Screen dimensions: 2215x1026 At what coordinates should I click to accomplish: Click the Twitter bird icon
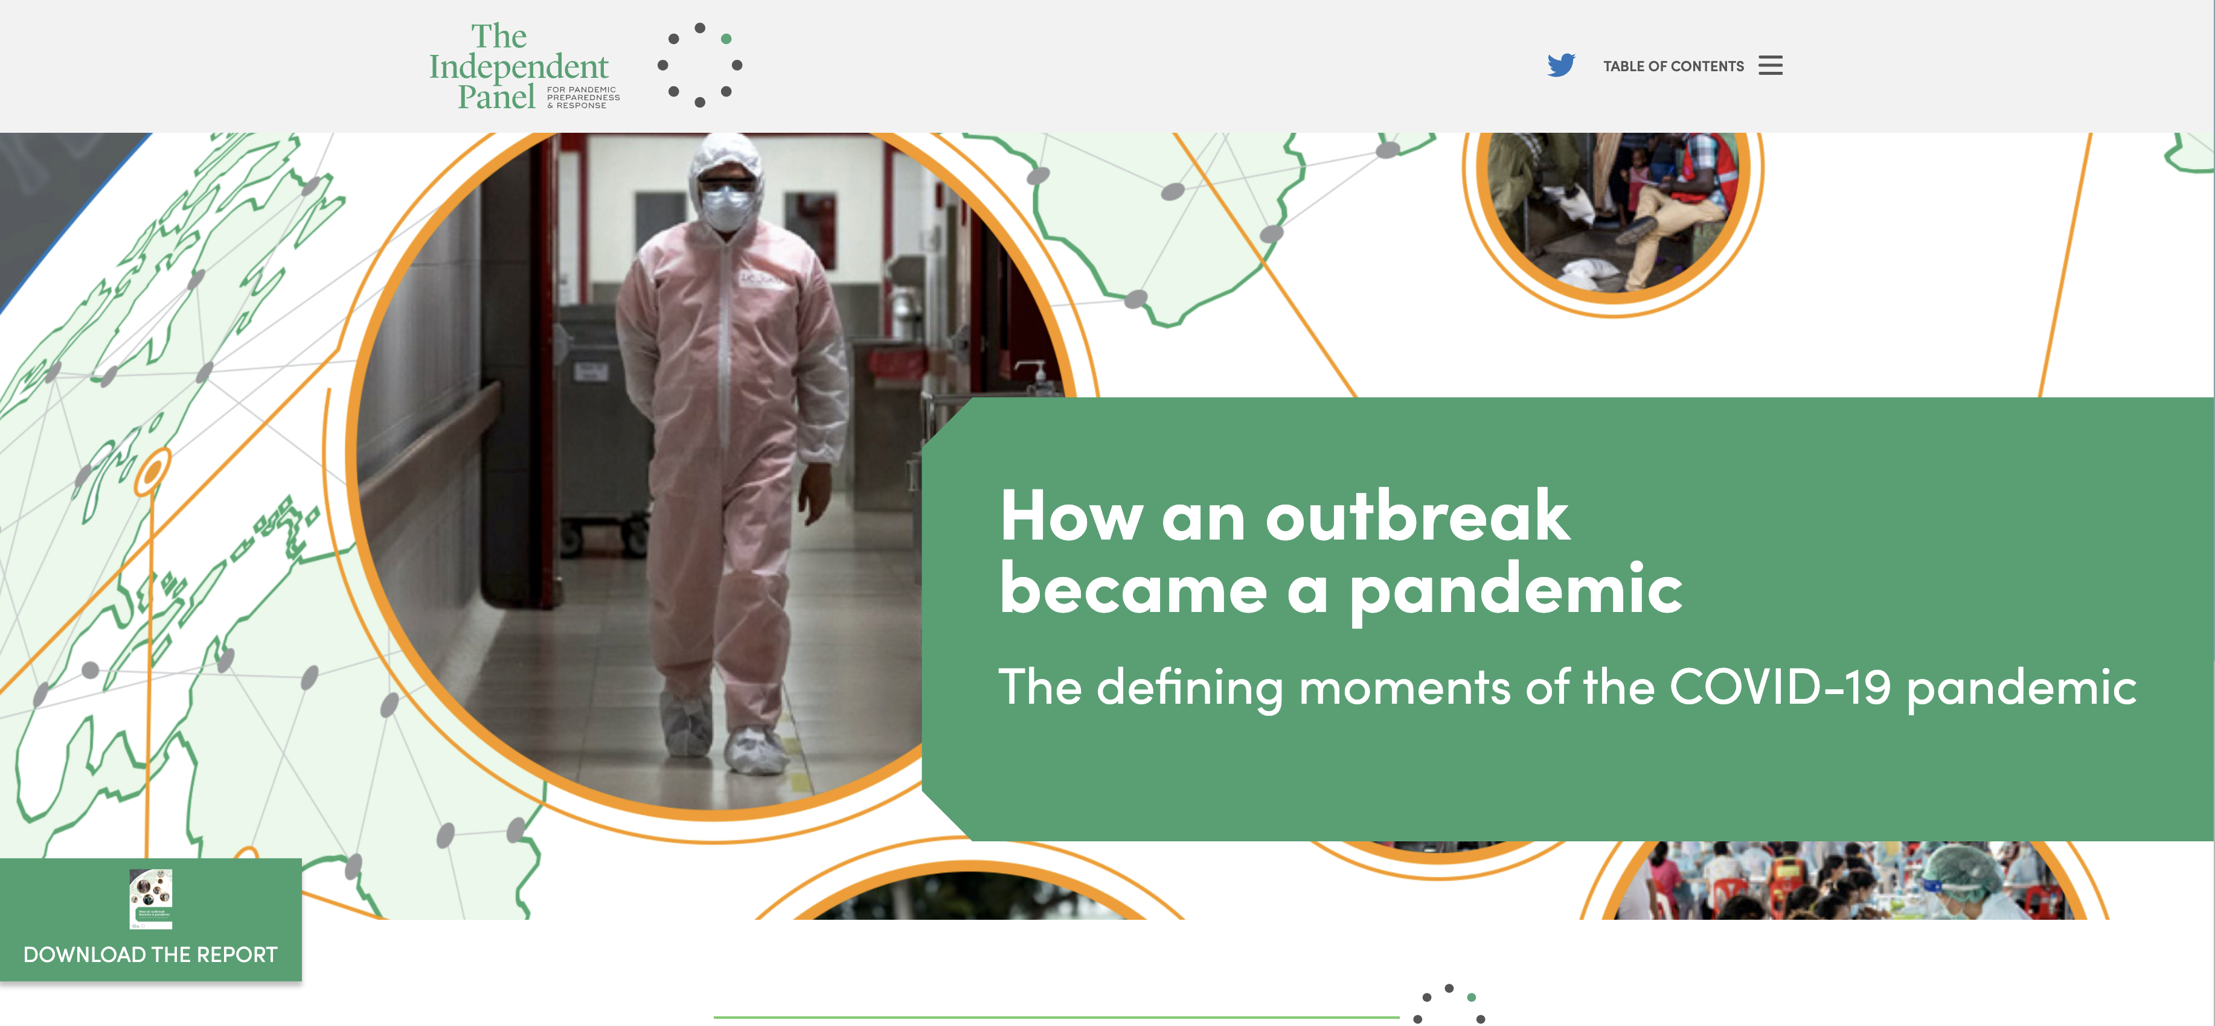1560,65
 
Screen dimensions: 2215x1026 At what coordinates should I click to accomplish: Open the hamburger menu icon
1771,65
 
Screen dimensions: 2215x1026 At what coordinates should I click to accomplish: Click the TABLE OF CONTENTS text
1673,66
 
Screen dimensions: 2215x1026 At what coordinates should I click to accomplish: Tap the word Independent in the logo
519,67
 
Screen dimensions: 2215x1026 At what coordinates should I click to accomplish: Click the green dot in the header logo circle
726,39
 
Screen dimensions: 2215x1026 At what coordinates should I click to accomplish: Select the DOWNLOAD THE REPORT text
150,955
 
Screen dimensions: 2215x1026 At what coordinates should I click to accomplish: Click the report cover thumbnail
150,899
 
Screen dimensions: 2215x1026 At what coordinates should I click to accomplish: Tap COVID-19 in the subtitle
1780,687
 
